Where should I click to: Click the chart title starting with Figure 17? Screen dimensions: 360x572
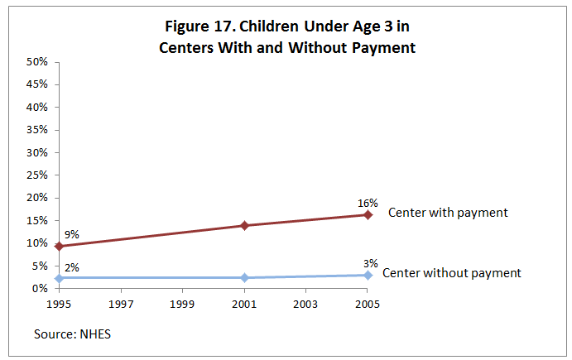[x=286, y=36]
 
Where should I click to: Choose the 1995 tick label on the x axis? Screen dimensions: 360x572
[x=59, y=304]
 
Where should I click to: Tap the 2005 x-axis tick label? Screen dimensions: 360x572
[x=368, y=304]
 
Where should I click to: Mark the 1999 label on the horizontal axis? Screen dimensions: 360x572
[x=182, y=304]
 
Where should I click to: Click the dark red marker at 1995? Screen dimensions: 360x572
[x=59, y=246]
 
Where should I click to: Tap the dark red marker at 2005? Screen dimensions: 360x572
[x=368, y=214]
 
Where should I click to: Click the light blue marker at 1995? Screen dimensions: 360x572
[x=59, y=277]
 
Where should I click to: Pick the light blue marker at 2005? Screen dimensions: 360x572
[x=368, y=275]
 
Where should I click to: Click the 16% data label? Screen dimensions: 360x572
[x=368, y=203]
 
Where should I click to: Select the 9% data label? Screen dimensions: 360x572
[x=71, y=234]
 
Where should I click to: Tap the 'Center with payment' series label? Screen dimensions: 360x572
[x=447, y=213]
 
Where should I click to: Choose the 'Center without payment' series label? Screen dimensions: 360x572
[x=452, y=272]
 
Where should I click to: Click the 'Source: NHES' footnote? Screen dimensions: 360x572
[x=71, y=334]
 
